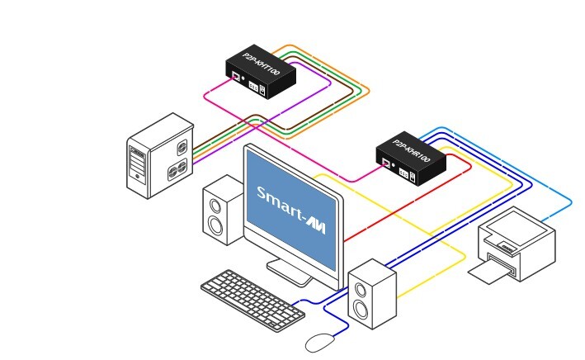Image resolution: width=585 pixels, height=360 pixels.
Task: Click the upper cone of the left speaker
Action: (215, 201)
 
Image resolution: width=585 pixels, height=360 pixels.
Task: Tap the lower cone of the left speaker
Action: (215, 225)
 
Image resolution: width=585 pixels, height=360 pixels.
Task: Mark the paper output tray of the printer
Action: (493, 269)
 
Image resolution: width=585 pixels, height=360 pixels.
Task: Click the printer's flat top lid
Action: (513, 225)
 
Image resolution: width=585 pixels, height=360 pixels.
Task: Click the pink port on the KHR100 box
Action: (386, 163)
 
